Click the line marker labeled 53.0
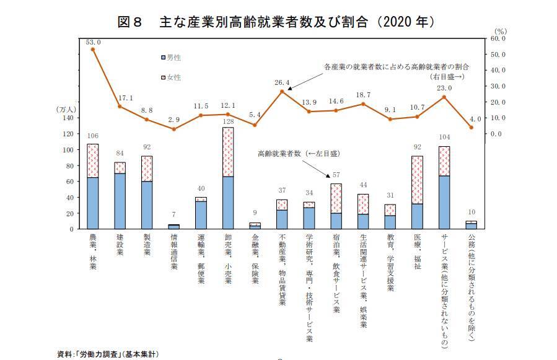(x=93, y=49)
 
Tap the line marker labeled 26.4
(x=282, y=92)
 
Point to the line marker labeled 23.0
(x=444, y=97)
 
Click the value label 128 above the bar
(x=228, y=121)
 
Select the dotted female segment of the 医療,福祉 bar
(x=416, y=180)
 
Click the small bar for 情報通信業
(x=174, y=227)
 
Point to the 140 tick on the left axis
(x=68, y=118)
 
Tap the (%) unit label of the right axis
(x=501, y=30)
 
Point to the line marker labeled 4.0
(x=471, y=128)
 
